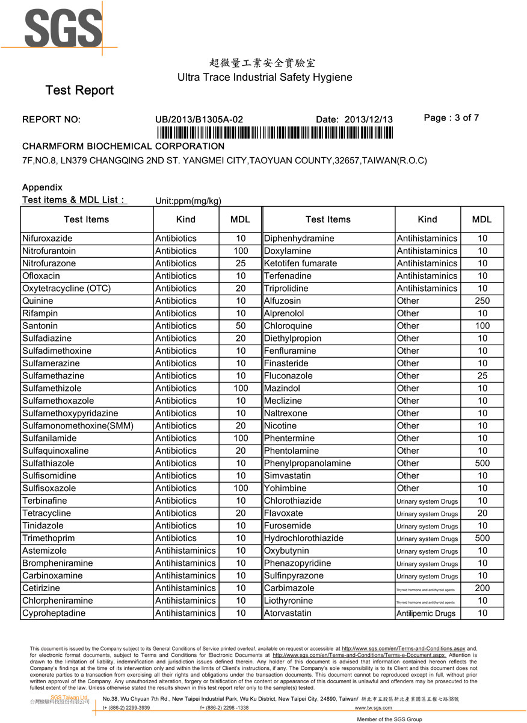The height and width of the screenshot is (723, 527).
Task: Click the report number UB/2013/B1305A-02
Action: click(x=199, y=119)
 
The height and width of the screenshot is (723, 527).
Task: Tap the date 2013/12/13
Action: click(x=368, y=119)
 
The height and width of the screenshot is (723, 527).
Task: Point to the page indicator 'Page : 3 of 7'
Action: click(x=451, y=118)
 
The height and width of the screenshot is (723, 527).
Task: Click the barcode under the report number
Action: click(x=274, y=133)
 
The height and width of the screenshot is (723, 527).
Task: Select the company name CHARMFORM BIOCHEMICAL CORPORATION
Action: click(x=123, y=146)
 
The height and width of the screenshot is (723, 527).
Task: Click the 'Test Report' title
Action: click(x=79, y=90)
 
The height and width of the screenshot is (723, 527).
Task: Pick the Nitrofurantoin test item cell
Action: click(x=49, y=251)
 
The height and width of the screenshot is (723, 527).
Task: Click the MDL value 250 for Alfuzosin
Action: click(x=482, y=301)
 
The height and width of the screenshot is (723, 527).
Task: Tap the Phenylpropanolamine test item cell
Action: click(x=307, y=463)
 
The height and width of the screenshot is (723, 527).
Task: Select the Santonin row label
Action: click(x=41, y=326)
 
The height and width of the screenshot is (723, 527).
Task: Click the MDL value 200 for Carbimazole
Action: click(x=482, y=588)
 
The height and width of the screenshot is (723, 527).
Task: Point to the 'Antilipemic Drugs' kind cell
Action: click(x=426, y=613)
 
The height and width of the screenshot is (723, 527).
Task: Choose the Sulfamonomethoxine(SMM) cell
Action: click(x=78, y=426)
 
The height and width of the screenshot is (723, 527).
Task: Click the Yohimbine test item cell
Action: click(x=285, y=488)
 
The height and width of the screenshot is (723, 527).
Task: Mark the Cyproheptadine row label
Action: click(x=54, y=613)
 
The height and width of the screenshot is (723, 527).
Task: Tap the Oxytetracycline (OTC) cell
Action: click(x=66, y=289)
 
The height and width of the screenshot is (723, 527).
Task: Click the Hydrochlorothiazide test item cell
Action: click(x=304, y=538)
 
